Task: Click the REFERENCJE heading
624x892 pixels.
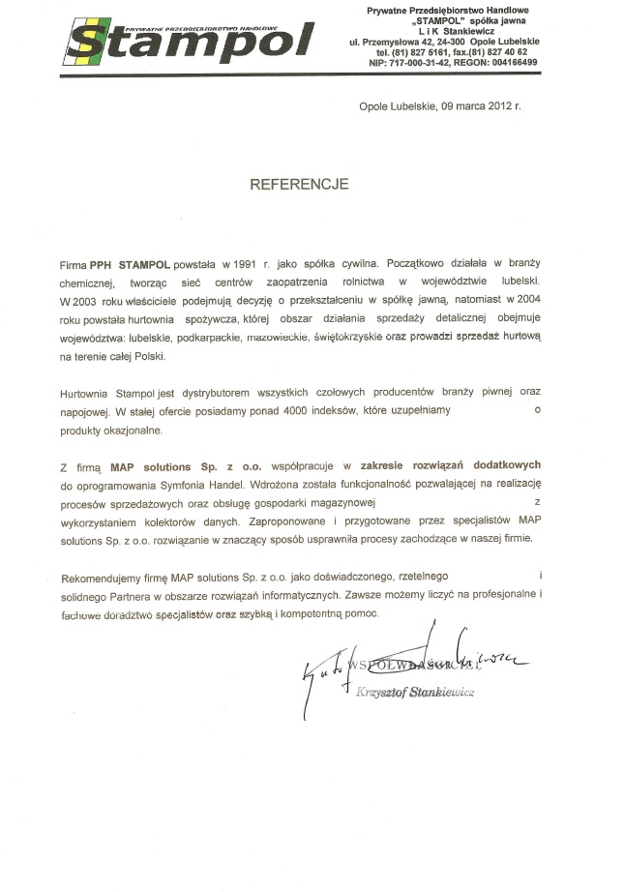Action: click(299, 184)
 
